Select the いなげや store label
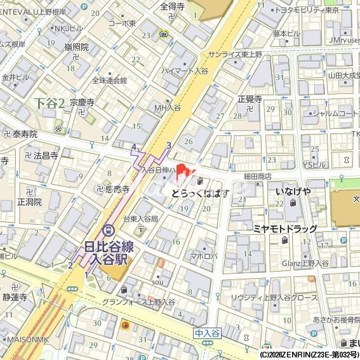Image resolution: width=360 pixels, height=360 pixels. click(293, 191)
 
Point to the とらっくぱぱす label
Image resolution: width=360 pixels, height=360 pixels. click(200, 194)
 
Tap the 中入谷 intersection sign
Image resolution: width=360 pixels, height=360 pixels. click(206, 333)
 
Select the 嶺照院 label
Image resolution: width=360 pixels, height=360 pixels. click(76, 48)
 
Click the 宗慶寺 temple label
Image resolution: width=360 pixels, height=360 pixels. click(82, 102)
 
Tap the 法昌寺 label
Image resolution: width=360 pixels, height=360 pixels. click(45, 155)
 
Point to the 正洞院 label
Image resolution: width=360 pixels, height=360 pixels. click(29, 202)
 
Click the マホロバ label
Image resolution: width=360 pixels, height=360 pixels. click(204, 257)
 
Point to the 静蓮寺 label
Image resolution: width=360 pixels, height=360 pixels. click(14, 297)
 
